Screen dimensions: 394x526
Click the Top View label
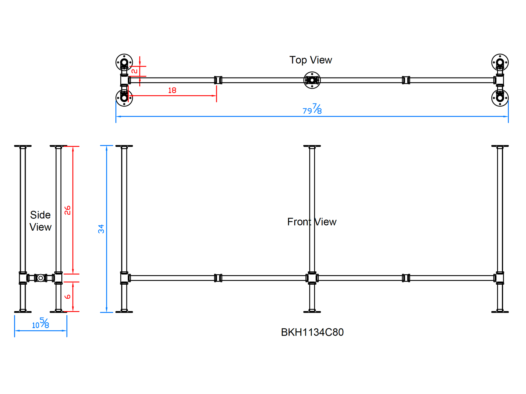[311, 60]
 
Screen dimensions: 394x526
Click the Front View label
[312, 222]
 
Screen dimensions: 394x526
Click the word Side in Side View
[40, 215]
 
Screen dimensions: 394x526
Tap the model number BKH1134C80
[312, 332]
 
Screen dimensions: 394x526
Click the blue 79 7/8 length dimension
[312, 109]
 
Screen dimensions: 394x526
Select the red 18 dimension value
[172, 90]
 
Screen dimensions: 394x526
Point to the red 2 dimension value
[134, 71]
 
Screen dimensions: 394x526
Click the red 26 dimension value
[68, 210]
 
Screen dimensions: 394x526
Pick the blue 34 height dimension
[101, 229]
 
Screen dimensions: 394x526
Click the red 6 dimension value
[68, 297]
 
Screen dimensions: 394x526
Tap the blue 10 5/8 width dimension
[41, 323]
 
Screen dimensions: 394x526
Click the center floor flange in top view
[312, 80]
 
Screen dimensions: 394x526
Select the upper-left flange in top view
[124, 62]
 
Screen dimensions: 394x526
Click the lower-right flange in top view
[500, 98]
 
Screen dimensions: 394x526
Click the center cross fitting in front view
[312, 278]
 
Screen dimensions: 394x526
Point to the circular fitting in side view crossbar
[41, 278]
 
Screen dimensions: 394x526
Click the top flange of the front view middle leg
[312, 146]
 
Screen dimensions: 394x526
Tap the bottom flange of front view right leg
[500, 312]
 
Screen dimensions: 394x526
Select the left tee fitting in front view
[124, 278]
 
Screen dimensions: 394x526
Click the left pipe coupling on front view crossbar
[218, 278]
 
